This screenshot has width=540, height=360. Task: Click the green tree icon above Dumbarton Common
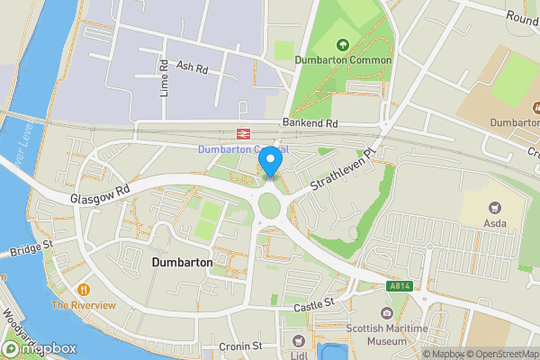(342, 44)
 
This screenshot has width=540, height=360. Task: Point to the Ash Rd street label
(193, 67)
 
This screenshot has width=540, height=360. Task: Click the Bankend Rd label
(309, 122)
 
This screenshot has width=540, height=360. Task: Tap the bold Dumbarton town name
(182, 262)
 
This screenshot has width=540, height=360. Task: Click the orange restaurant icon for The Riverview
(84, 290)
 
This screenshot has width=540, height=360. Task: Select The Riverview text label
(84, 305)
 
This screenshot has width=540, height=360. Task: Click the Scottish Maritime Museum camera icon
(387, 312)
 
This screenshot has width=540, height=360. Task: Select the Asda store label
(495, 223)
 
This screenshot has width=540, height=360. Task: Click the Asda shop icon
(495, 207)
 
